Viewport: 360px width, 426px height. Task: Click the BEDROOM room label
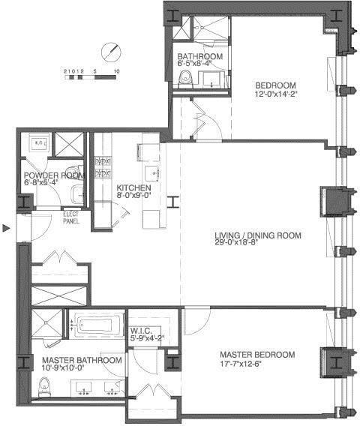[276, 84]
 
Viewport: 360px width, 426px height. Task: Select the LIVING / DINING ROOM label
[257, 235]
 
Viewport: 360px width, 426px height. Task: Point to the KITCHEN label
[133, 187]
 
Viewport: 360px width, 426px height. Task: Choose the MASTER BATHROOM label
[77, 360]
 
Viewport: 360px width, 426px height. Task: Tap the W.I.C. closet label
[142, 329]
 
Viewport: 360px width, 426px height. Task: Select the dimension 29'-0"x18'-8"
[257, 244]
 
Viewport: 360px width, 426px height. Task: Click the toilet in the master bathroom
[44, 385]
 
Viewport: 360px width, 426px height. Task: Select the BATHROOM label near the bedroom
[199, 57]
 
